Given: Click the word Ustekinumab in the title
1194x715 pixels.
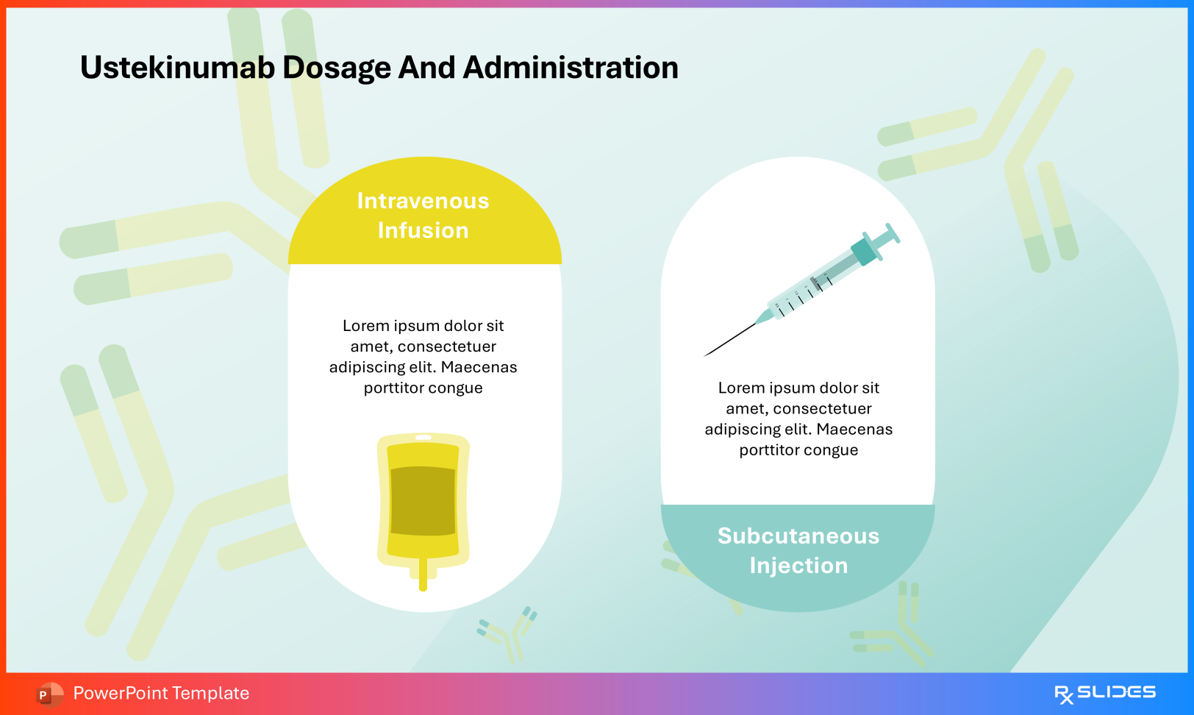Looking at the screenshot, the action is click(177, 68).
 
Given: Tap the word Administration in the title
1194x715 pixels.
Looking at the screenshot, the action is click(570, 68).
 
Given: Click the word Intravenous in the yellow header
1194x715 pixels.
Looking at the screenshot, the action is click(423, 201).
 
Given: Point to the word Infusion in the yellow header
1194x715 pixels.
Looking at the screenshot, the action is click(423, 230).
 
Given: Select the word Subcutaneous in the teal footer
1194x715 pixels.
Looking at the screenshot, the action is click(798, 536).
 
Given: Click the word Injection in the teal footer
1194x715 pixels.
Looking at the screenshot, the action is click(798, 566).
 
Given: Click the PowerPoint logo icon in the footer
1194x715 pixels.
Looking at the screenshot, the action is click(49, 694).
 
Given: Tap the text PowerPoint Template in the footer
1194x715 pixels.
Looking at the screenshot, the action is click(161, 693).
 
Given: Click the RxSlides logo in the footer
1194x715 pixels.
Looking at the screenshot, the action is click(1104, 693).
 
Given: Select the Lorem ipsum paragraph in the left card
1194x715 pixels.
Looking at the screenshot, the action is click(423, 357).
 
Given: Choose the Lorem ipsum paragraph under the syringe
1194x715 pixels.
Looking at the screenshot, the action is click(798, 419).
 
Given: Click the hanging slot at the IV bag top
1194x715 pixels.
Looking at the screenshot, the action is click(423, 438).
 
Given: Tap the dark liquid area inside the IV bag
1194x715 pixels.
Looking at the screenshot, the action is click(423, 500).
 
